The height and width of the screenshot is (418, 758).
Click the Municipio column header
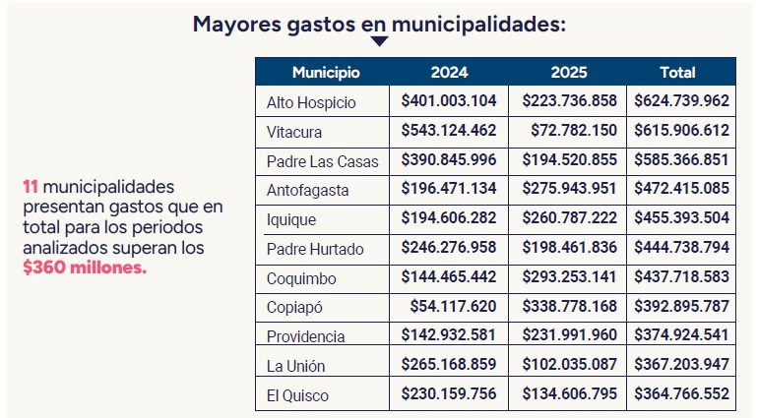point(326,72)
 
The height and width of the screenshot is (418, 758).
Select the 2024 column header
point(449,72)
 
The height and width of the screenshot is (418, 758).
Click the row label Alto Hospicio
point(311,102)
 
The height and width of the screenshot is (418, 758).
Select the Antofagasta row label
point(308,190)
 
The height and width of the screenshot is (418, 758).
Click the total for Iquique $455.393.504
point(681,218)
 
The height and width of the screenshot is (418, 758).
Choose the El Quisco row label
point(297,395)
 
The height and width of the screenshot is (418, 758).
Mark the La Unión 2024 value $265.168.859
point(449,365)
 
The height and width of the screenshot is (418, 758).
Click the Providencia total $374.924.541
point(681,335)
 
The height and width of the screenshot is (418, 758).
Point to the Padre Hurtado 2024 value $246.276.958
point(449,248)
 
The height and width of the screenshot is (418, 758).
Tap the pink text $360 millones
point(84,268)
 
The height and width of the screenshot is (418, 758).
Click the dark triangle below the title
point(379,41)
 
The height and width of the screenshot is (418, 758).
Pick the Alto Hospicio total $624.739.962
point(681,100)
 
